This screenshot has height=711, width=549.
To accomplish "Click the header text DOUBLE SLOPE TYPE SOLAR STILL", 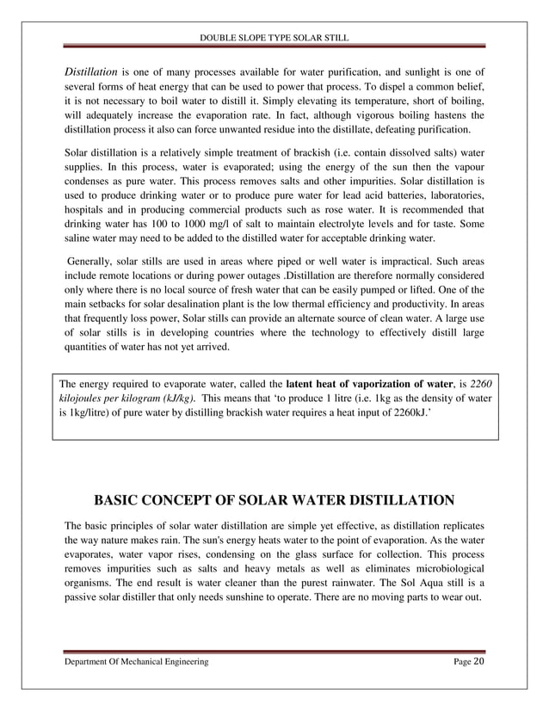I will coord(274,37).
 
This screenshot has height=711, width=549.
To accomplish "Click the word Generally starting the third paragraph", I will coord(93,260).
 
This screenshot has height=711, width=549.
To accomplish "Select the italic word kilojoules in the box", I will coord(85,399).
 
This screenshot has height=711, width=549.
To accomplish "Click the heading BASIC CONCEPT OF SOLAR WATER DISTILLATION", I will coord(274,500).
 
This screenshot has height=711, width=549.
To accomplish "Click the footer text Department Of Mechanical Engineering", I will coord(136,660).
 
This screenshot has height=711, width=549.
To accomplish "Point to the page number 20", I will coord(478,660).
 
